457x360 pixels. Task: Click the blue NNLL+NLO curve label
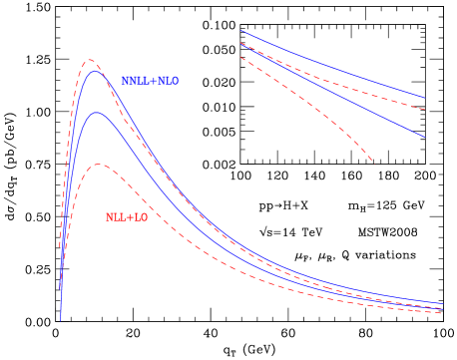(150, 81)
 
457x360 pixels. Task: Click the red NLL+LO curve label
(127, 217)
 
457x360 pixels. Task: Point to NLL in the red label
(116, 217)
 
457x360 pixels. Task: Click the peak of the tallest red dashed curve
(90, 61)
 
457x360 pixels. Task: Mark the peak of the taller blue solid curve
(96, 71)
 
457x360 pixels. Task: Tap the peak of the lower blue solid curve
(97, 113)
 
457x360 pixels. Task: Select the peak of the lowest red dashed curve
(99, 165)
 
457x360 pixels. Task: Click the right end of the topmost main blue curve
(444, 303)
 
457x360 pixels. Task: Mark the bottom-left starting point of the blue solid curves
(61, 321)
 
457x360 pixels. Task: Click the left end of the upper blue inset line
(240, 31)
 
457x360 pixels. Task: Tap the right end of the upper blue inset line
(425, 98)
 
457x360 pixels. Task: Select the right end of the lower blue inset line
(425, 137)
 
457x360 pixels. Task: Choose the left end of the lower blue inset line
(240, 43)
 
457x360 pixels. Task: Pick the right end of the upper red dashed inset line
(425, 108)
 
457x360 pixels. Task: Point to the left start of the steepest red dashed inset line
(240, 57)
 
